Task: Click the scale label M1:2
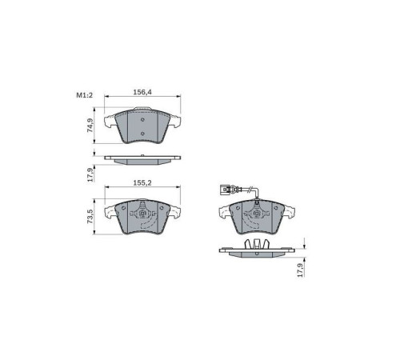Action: click(85, 96)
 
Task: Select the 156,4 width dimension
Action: click(142, 92)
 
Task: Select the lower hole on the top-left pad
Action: click(142, 134)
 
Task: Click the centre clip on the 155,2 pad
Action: click(142, 214)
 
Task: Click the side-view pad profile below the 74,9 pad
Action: click(142, 159)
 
